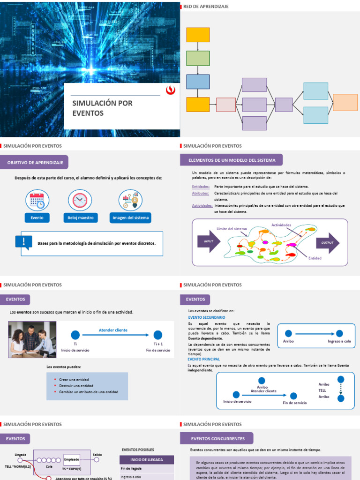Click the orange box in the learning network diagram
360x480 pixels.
(345, 102)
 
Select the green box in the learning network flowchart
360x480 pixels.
(198, 58)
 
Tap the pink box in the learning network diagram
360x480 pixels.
(225, 105)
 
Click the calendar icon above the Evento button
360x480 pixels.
(37, 200)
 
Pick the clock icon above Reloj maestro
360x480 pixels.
(80, 200)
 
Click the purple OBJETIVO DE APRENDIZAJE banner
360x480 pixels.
(35, 162)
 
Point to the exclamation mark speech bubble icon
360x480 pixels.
(23, 242)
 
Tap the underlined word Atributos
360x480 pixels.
(200, 193)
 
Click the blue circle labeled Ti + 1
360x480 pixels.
(158, 335)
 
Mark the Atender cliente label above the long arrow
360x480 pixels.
(113, 330)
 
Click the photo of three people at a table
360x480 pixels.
(32, 339)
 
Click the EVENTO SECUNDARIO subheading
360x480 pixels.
(206, 317)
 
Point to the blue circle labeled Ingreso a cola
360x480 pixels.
(339, 333)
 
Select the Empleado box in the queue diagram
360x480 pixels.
(72, 460)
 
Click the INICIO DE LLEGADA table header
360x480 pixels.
(147, 460)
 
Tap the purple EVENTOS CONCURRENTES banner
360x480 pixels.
(217, 439)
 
